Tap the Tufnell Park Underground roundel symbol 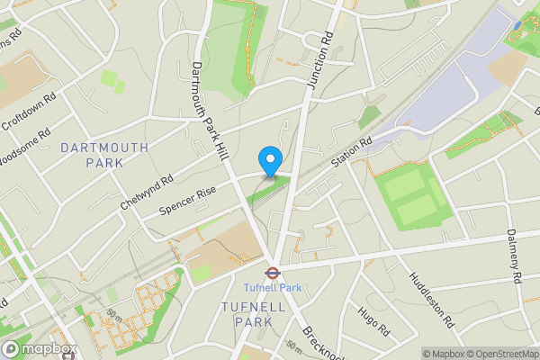point(270,271)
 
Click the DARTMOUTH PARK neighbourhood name point(93,154)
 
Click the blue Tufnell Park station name point(272,288)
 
